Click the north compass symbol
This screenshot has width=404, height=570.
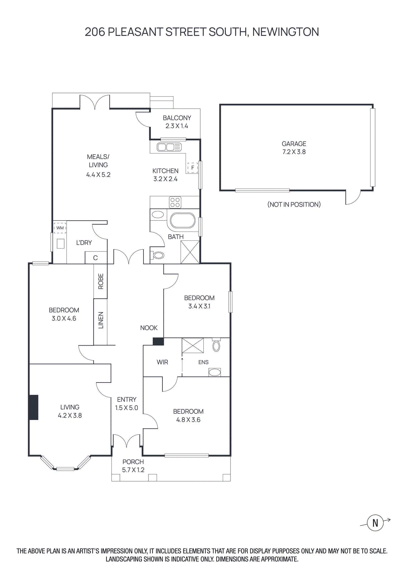click(375, 523)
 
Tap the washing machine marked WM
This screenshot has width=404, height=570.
click(60, 228)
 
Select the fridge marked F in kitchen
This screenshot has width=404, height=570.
click(192, 167)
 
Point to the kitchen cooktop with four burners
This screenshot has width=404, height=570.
click(175, 202)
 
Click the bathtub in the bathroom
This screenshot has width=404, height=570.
click(182, 221)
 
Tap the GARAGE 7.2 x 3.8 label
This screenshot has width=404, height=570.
click(294, 147)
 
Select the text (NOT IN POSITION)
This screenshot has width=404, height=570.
click(294, 204)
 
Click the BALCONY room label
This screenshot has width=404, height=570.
click(177, 118)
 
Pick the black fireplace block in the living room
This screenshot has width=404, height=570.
click(34, 407)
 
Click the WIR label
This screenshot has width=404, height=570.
click(162, 362)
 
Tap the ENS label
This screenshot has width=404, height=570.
click(203, 362)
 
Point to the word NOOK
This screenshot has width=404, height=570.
click(149, 328)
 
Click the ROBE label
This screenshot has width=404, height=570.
click(101, 281)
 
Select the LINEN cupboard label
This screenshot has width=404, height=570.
click(101, 320)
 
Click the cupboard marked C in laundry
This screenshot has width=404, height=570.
click(95, 258)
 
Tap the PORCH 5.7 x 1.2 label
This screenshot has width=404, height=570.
click(133, 466)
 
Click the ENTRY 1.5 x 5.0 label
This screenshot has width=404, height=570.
click(126, 404)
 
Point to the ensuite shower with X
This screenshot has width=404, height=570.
click(193, 346)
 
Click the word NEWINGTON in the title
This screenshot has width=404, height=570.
click(286, 32)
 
